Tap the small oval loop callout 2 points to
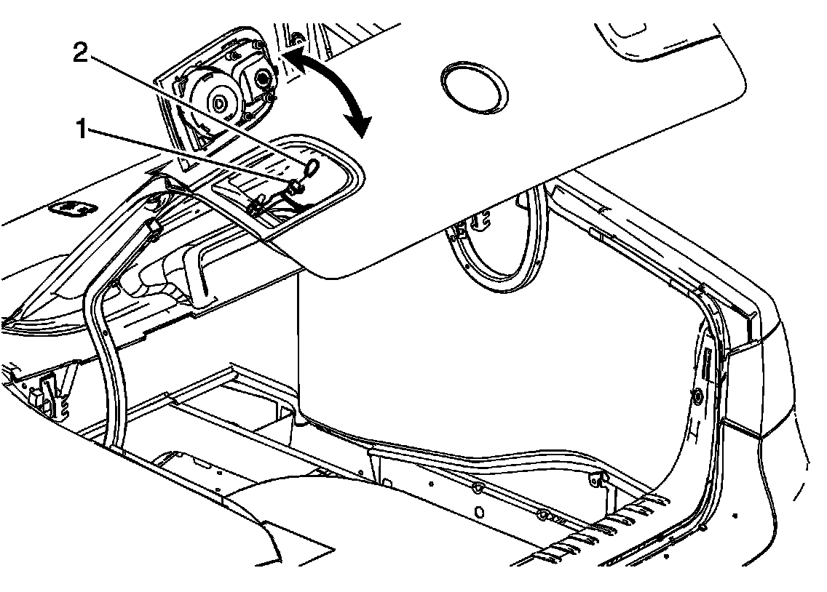311,169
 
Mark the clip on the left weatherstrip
154,228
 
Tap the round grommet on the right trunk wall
697,396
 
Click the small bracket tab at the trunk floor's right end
598,478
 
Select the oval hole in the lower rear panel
479,511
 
